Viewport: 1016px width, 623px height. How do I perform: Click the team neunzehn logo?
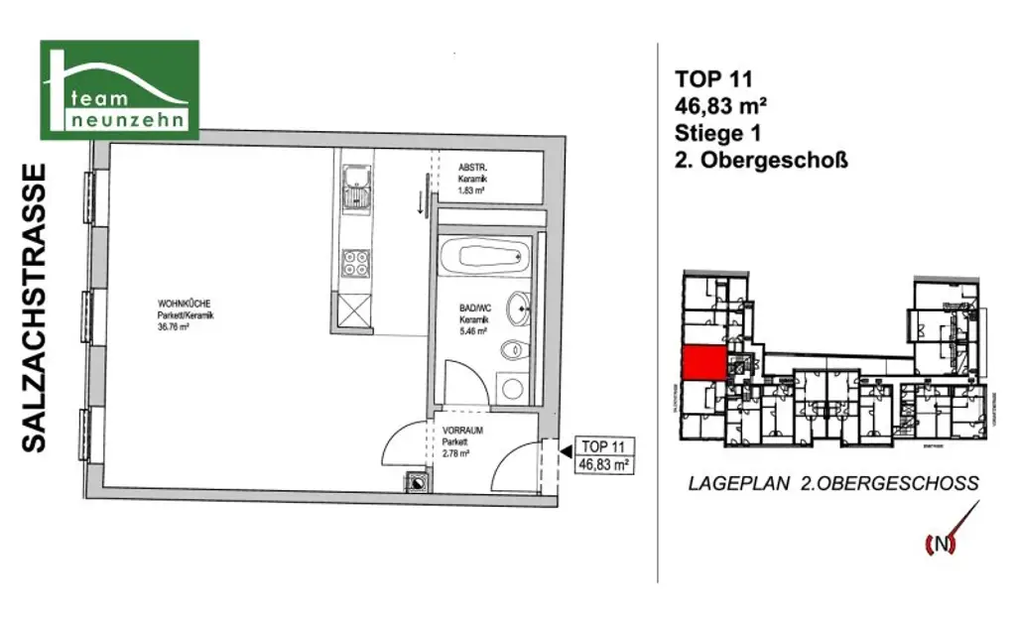119,89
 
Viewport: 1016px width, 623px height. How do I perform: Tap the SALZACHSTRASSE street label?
36,308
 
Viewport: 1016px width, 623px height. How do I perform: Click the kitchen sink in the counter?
354,188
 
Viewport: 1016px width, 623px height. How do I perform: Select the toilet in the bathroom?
513,349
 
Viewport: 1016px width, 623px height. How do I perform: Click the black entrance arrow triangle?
565,451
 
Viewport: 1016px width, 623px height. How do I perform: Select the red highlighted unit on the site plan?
702,363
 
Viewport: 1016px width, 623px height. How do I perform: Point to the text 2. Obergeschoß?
761,158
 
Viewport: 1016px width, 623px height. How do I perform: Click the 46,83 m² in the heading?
724,105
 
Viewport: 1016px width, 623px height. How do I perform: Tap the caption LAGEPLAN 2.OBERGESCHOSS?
833,484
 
